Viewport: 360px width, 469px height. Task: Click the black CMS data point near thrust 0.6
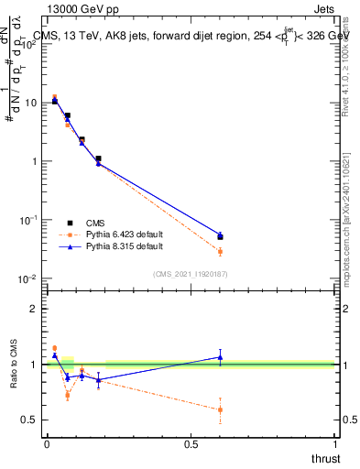click(220, 236)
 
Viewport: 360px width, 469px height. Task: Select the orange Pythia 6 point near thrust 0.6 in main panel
click(220, 251)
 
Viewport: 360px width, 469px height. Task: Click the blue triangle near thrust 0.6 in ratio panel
click(220, 357)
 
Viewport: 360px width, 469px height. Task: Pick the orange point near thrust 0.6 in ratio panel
click(220, 409)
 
